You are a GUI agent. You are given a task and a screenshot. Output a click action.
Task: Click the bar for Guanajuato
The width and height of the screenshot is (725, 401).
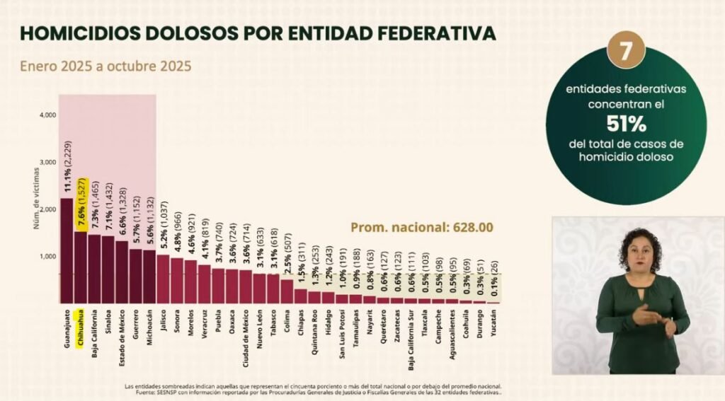tap(66, 250)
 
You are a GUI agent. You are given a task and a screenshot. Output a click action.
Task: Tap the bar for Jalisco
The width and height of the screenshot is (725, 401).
tap(163, 279)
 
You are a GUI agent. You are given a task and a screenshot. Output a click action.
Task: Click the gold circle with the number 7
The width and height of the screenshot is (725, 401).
tap(626, 52)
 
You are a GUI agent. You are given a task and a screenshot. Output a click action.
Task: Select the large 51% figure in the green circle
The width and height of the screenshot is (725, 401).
tap(626, 124)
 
